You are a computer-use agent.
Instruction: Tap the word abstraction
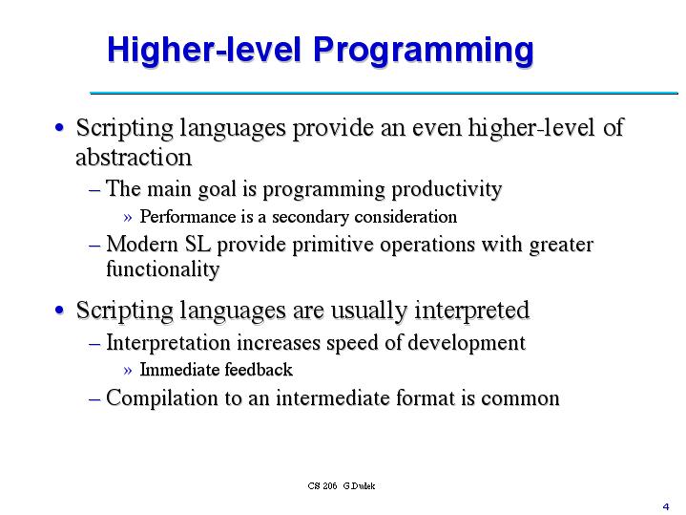pos(134,157)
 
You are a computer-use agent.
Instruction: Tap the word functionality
pos(162,269)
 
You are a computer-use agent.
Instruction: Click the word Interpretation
pos(168,343)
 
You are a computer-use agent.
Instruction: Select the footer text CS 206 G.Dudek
pos(342,486)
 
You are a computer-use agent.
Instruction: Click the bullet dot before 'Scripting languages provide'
pos(60,128)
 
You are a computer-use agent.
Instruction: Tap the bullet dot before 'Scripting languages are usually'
pos(60,311)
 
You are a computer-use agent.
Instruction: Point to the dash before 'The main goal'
pos(94,190)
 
